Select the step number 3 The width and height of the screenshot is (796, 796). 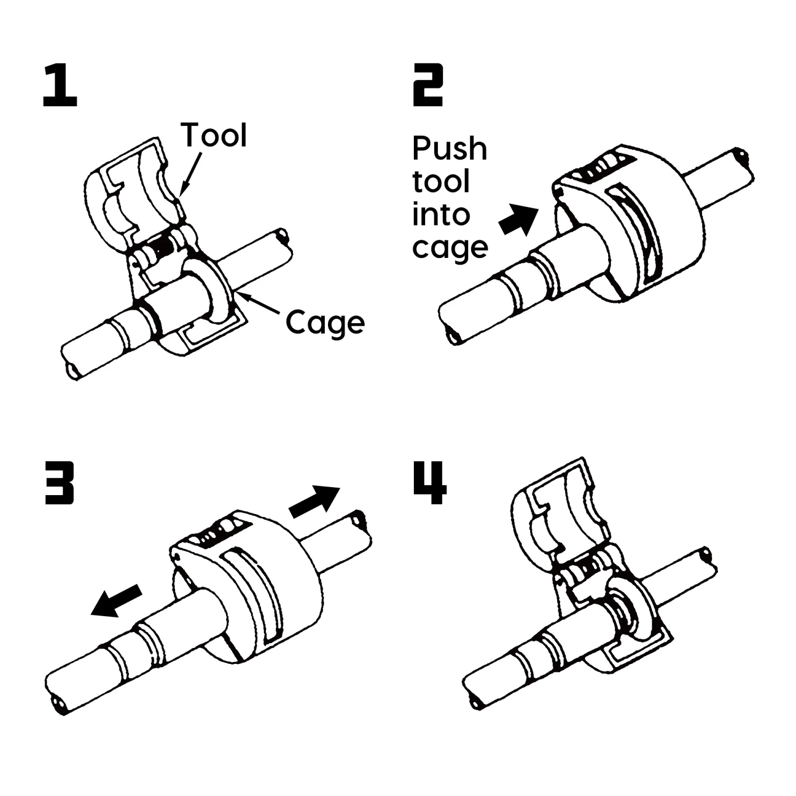tap(59, 483)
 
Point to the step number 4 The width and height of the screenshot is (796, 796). tap(430, 483)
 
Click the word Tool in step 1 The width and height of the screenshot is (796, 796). tap(214, 135)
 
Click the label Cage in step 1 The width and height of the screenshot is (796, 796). tap(325, 323)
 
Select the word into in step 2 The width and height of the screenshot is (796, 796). tap(441, 215)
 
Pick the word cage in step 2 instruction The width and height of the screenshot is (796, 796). tap(450, 248)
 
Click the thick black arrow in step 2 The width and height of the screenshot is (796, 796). tap(518, 219)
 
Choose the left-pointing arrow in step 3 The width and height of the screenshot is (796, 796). tap(116, 600)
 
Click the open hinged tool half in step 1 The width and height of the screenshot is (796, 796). tap(133, 191)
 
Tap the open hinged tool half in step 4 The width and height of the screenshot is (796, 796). tap(560, 509)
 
